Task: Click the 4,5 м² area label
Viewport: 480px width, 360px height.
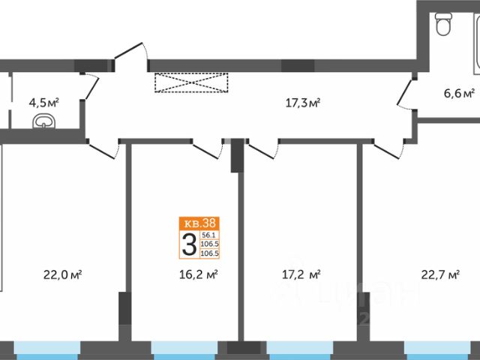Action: (x=44, y=100)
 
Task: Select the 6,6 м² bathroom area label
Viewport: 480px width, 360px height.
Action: (x=459, y=94)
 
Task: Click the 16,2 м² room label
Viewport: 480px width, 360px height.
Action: (x=200, y=275)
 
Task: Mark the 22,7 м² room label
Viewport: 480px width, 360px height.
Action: (x=442, y=275)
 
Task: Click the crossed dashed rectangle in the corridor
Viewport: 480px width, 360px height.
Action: (x=190, y=82)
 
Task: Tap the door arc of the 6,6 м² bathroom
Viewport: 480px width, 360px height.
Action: (x=406, y=91)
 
